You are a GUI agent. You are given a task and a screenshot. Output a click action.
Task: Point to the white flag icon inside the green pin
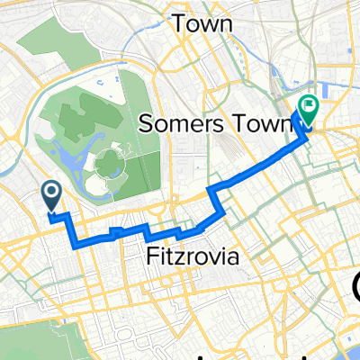(307, 104)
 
